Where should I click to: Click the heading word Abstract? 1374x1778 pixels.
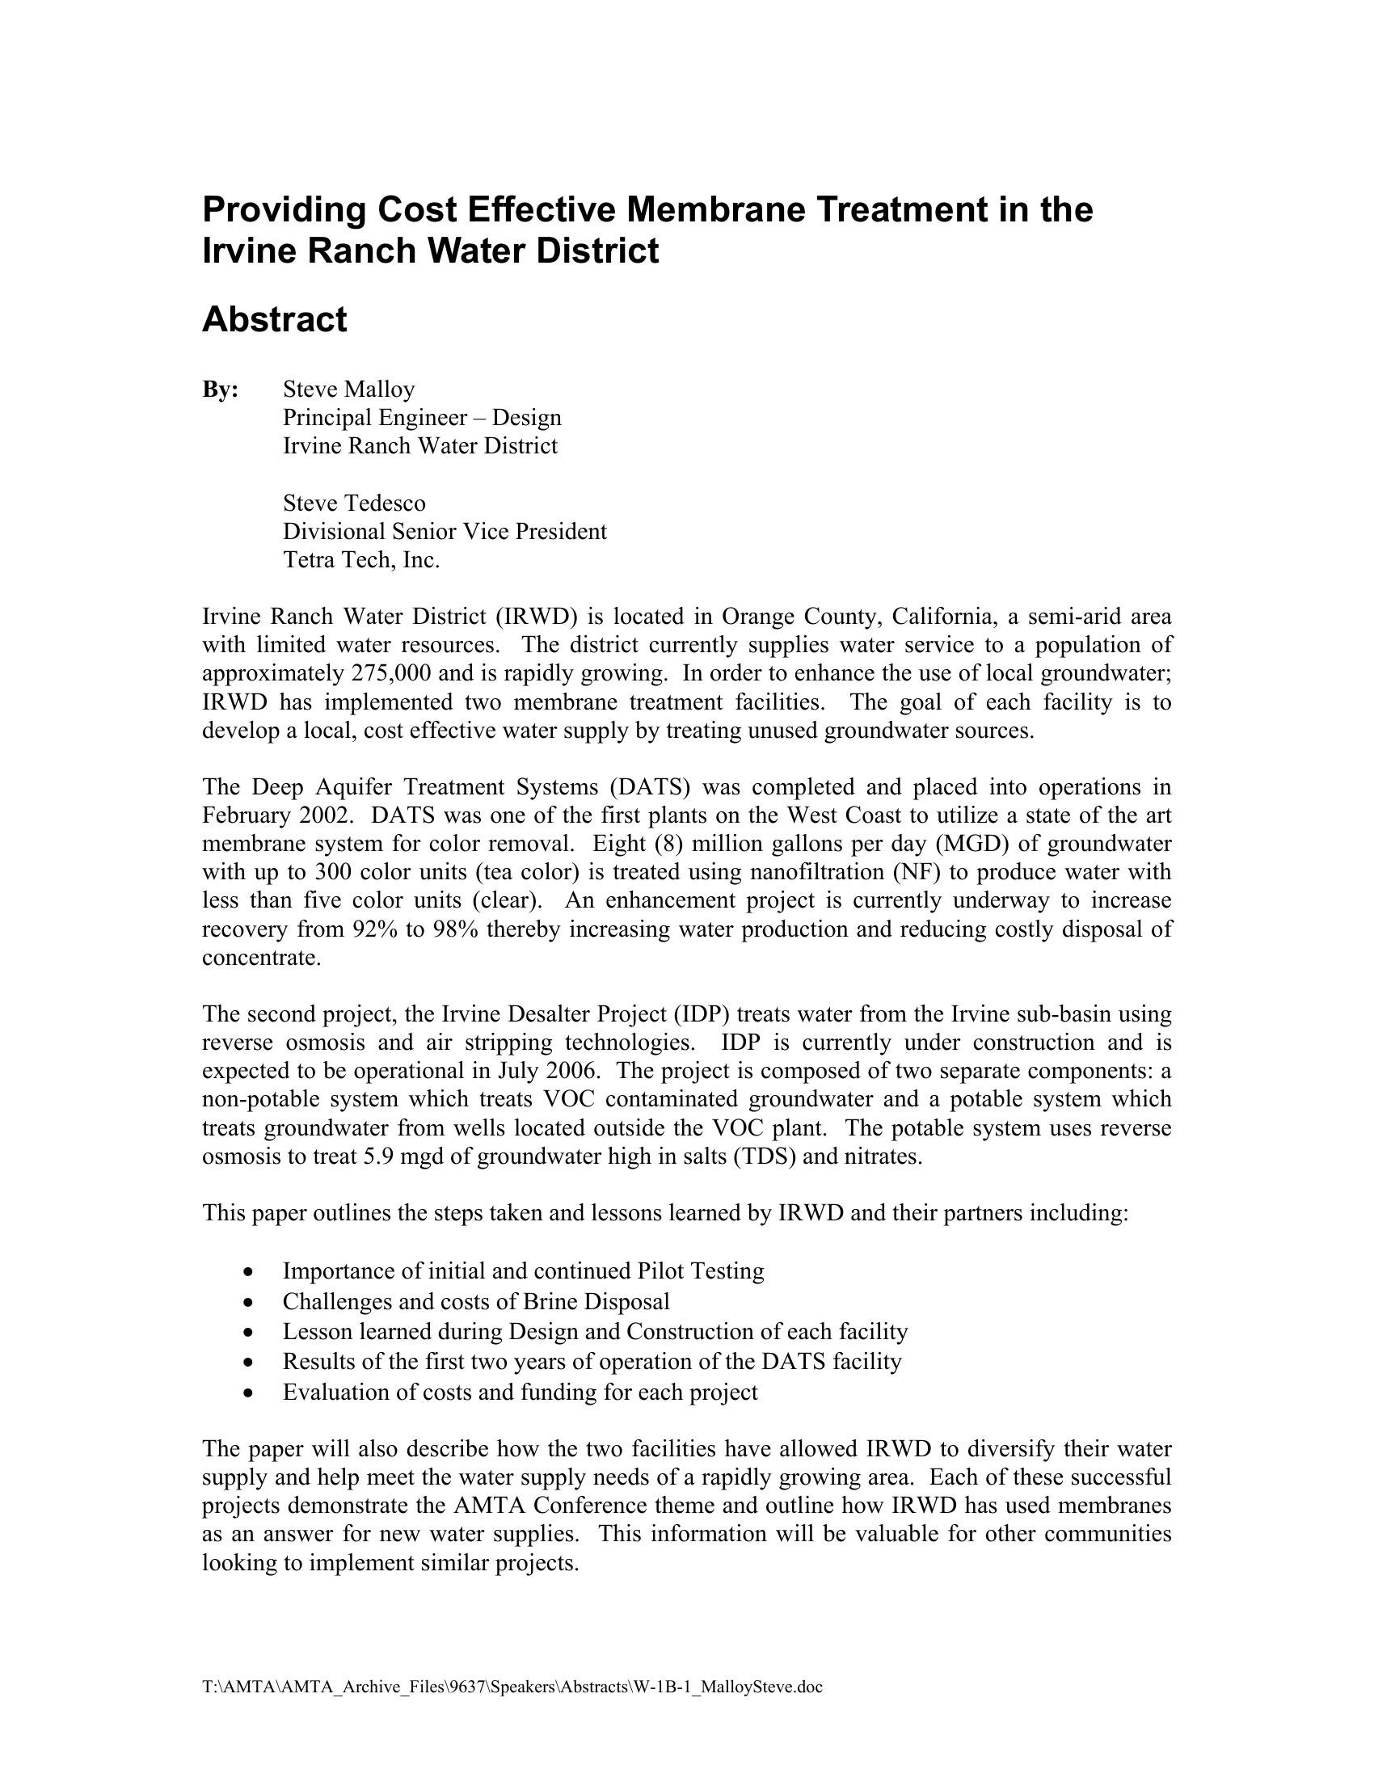tap(274, 319)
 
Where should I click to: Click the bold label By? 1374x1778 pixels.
tap(220, 390)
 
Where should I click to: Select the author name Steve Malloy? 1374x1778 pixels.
tap(348, 390)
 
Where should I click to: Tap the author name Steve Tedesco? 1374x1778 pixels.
tap(354, 503)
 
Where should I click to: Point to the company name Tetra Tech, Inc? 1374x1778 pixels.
tap(361, 560)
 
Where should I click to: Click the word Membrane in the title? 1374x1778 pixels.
tap(715, 209)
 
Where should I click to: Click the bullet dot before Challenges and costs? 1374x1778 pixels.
tap(248, 1303)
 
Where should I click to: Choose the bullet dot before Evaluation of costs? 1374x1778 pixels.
tap(248, 1393)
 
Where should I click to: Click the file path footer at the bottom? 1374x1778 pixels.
tap(512, 1687)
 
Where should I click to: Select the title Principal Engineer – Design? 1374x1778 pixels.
tap(422, 418)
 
